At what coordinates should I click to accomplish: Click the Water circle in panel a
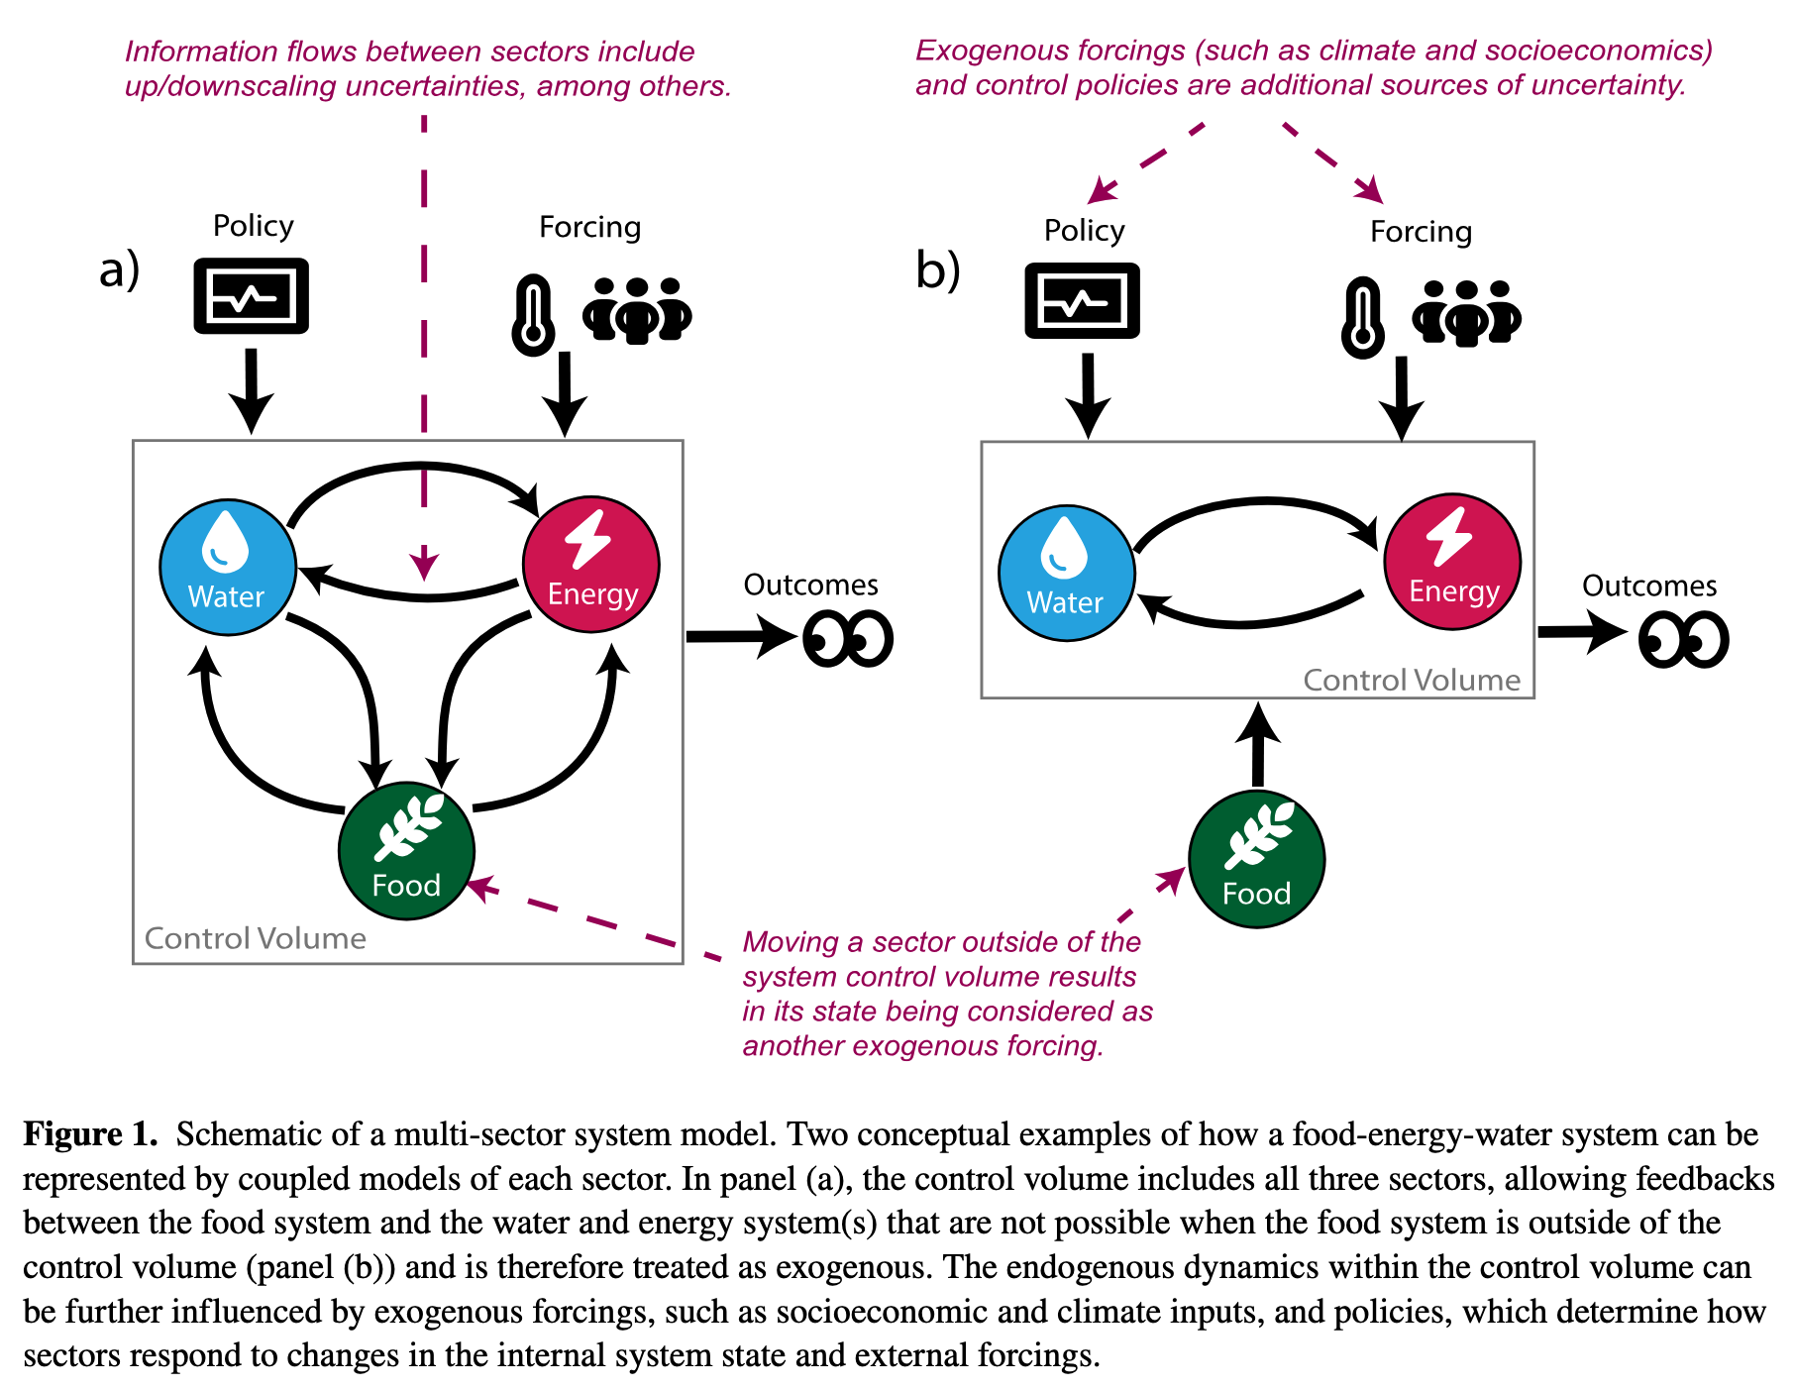[x=228, y=567]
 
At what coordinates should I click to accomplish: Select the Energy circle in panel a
[x=591, y=565]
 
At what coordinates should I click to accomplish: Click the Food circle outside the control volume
[x=1256, y=860]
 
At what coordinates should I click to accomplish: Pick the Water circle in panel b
[x=1066, y=574]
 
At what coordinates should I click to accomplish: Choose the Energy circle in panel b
[x=1452, y=562]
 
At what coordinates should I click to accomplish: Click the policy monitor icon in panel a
[x=251, y=296]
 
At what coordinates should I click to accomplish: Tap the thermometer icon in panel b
[x=1363, y=317]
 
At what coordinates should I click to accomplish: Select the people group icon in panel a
[x=637, y=310]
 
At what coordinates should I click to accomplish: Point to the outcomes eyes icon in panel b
[x=1683, y=640]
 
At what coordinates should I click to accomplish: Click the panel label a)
[x=119, y=269]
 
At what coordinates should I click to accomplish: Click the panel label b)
[x=937, y=270]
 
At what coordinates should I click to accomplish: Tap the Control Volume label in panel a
[x=256, y=938]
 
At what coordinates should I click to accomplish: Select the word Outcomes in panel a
[x=810, y=585]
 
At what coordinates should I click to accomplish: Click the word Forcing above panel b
[x=1421, y=232]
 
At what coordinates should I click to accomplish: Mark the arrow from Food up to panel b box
[x=1258, y=746]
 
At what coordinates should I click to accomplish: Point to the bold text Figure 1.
[x=90, y=1134]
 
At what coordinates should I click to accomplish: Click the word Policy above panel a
[x=253, y=226]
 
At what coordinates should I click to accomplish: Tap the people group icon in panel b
[x=1466, y=313]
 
